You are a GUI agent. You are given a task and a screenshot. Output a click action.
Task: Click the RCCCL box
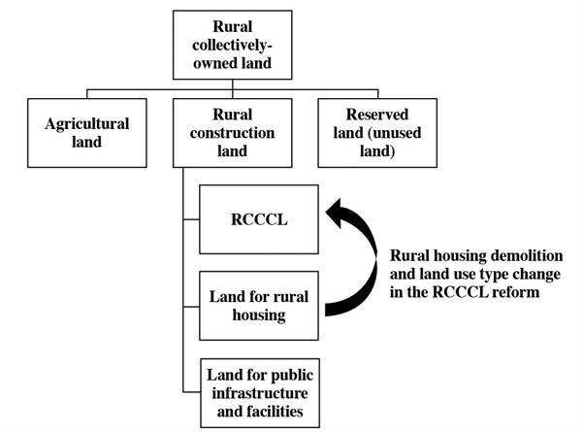click(x=261, y=219)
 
